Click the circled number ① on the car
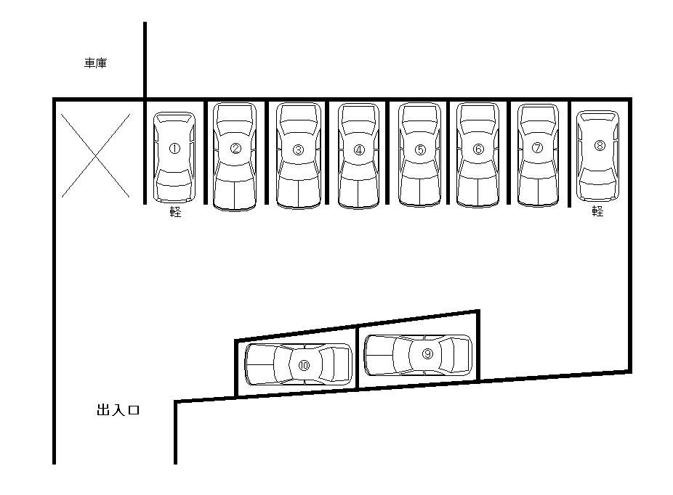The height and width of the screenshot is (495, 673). click(174, 148)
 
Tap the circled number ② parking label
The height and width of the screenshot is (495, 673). click(235, 149)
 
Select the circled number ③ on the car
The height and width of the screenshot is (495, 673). click(298, 150)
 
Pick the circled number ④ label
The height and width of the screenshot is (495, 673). click(359, 150)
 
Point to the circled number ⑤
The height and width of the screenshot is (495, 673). click(420, 150)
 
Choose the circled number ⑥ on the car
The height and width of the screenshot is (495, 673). click(478, 149)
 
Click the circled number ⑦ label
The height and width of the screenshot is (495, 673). click(538, 148)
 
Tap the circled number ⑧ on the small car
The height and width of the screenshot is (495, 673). click(600, 145)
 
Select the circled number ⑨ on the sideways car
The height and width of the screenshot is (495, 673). click(427, 353)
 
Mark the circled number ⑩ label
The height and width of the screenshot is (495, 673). click(304, 365)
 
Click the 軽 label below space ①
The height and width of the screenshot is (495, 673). click(175, 212)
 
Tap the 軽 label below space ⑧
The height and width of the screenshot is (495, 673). click(598, 211)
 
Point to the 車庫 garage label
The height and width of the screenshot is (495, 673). click(96, 64)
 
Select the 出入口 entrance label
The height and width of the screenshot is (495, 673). click(118, 411)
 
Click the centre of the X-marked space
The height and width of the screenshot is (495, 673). click(96, 154)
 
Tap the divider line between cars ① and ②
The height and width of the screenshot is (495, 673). click(206, 152)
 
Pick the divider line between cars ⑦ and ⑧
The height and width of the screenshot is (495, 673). click(569, 152)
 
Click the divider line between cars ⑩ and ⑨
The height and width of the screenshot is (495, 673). click(358, 357)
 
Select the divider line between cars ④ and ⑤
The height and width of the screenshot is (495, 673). click(389, 152)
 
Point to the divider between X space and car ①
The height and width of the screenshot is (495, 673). click(145, 152)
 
